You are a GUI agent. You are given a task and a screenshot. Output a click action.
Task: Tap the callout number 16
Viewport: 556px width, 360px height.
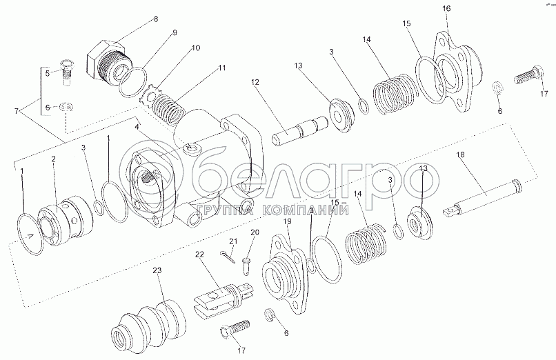446,8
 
